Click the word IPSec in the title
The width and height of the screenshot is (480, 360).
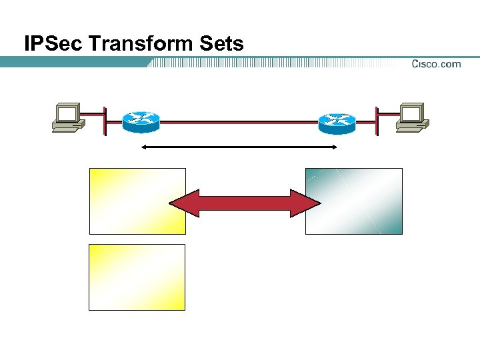click(53, 44)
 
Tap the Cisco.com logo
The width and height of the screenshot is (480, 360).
click(436, 64)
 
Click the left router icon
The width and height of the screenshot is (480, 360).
click(141, 121)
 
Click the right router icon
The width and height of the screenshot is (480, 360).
click(337, 121)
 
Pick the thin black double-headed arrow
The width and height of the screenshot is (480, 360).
click(240, 147)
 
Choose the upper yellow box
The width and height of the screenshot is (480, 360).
click(137, 201)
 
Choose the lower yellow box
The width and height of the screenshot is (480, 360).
click(137, 277)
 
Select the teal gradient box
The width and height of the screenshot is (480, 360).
click(353, 201)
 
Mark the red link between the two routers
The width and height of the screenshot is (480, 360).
click(239, 122)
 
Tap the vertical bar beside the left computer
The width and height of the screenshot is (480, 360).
click(105, 121)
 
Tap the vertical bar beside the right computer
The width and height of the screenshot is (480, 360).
click(376, 121)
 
